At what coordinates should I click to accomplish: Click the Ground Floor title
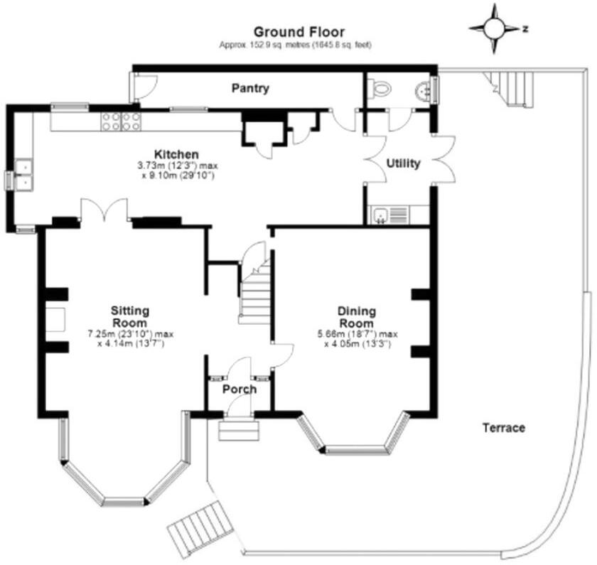click(298, 31)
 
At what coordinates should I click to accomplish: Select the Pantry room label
click(250, 89)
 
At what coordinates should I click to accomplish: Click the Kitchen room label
click(177, 154)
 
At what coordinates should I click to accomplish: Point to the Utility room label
click(403, 163)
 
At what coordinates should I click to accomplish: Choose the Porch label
click(239, 389)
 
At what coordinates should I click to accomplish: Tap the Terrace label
click(504, 428)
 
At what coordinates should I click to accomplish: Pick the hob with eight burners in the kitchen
click(121, 121)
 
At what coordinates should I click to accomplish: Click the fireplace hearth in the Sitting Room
click(56, 321)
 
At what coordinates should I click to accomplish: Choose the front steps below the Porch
click(238, 430)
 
